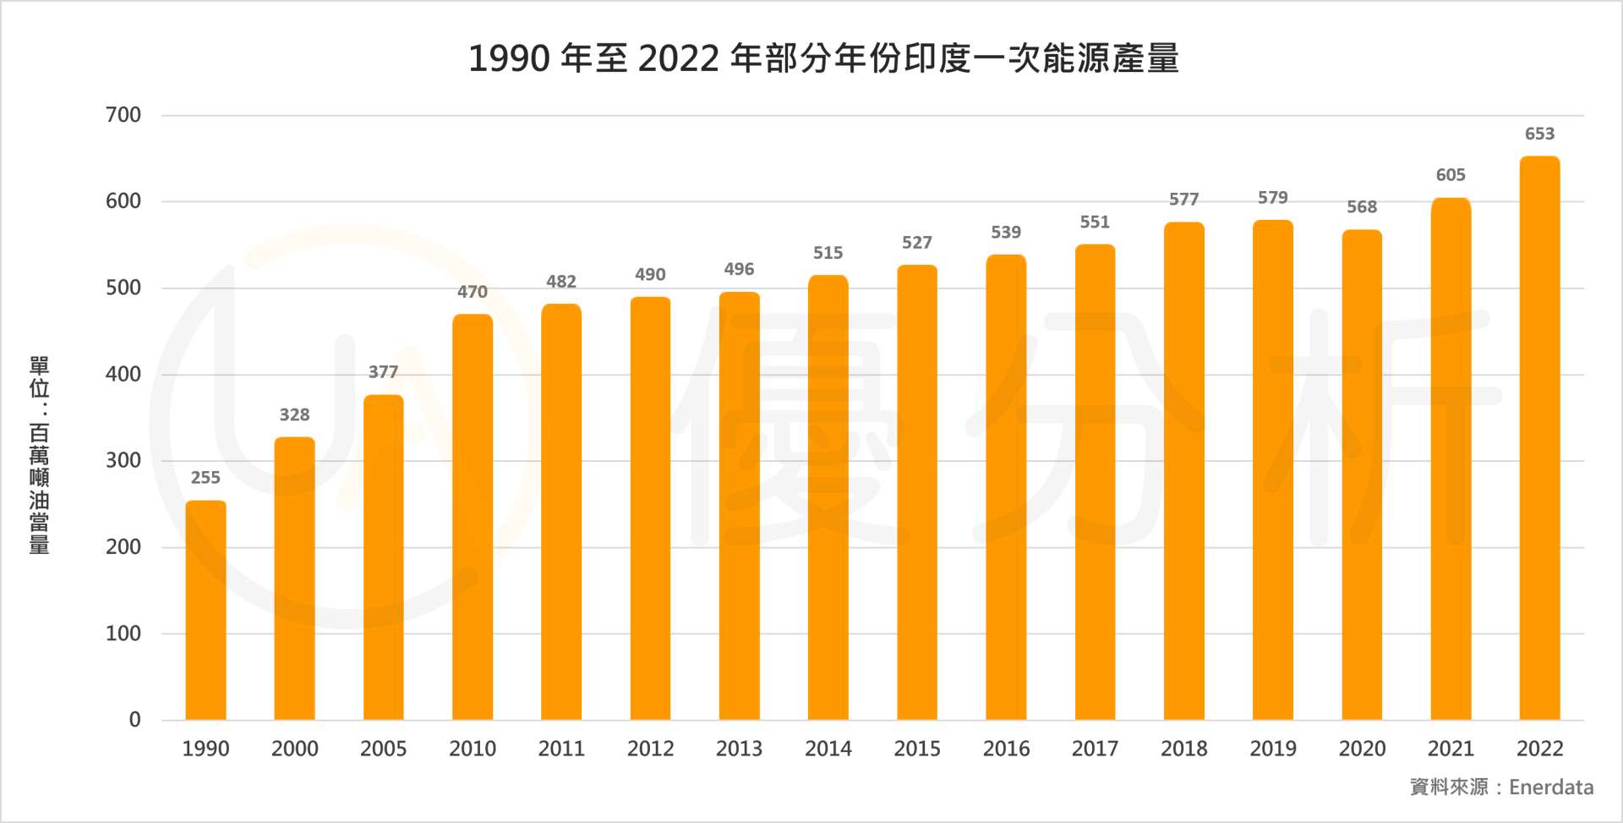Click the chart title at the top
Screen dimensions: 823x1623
[x=823, y=58]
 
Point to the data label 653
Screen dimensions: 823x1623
[x=1539, y=134]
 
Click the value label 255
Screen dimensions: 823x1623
[x=205, y=478]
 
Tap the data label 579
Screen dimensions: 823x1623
[x=1272, y=198]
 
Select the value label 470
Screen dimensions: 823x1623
[x=473, y=292]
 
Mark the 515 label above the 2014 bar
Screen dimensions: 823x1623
[x=828, y=253]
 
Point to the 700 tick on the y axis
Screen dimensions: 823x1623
[x=123, y=115]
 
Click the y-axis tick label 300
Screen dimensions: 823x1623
[x=123, y=461]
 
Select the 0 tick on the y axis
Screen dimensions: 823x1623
[x=134, y=720]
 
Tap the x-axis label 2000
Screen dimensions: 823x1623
[x=294, y=749]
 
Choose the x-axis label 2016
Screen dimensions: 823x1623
[x=1006, y=749]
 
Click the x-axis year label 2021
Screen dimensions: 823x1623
[x=1451, y=749]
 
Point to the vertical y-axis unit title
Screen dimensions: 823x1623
[x=40, y=455]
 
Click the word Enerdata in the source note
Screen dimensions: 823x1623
[x=1551, y=787]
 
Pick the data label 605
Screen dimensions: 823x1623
[x=1451, y=175]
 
